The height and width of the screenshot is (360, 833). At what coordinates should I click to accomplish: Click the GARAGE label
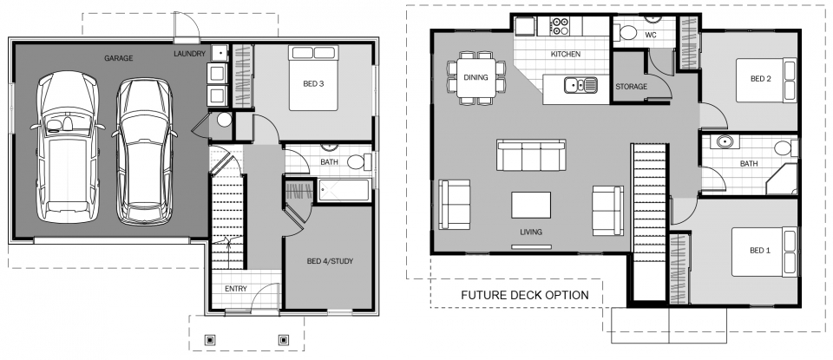click(x=118, y=58)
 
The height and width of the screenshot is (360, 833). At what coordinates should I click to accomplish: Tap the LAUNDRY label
click(x=190, y=54)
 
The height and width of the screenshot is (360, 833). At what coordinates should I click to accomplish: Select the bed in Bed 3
click(x=313, y=78)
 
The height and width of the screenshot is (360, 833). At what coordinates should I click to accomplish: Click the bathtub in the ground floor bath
click(x=344, y=190)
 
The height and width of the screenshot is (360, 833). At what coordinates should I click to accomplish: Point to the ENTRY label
click(x=236, y=289)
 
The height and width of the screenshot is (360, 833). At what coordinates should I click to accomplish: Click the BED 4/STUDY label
click(x=330, y=261)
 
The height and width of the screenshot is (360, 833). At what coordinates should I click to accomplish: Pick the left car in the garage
click(x=68, y=147)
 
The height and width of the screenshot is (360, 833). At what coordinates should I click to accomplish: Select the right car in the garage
click(x=145, y=152)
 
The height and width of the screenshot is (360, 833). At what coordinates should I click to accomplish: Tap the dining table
click(x=476, y=77)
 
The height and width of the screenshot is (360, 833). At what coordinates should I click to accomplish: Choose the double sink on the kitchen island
click(x=580, y=85)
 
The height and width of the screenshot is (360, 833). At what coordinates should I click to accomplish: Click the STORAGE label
click(x=631, y=87)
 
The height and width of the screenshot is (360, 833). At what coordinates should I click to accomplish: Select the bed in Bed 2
click(x=766, y=80)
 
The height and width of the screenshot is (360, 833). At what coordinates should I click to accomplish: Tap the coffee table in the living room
click(x=531, y=205)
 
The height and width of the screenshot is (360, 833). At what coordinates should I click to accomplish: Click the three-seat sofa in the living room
click(x=531, y=155)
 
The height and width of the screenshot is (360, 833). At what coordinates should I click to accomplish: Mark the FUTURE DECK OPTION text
click(x=524, y=295)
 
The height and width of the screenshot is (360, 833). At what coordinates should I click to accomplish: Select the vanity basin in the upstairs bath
click(x=724, y=142)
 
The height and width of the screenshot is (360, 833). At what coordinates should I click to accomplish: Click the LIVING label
click(x=531, y=232)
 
